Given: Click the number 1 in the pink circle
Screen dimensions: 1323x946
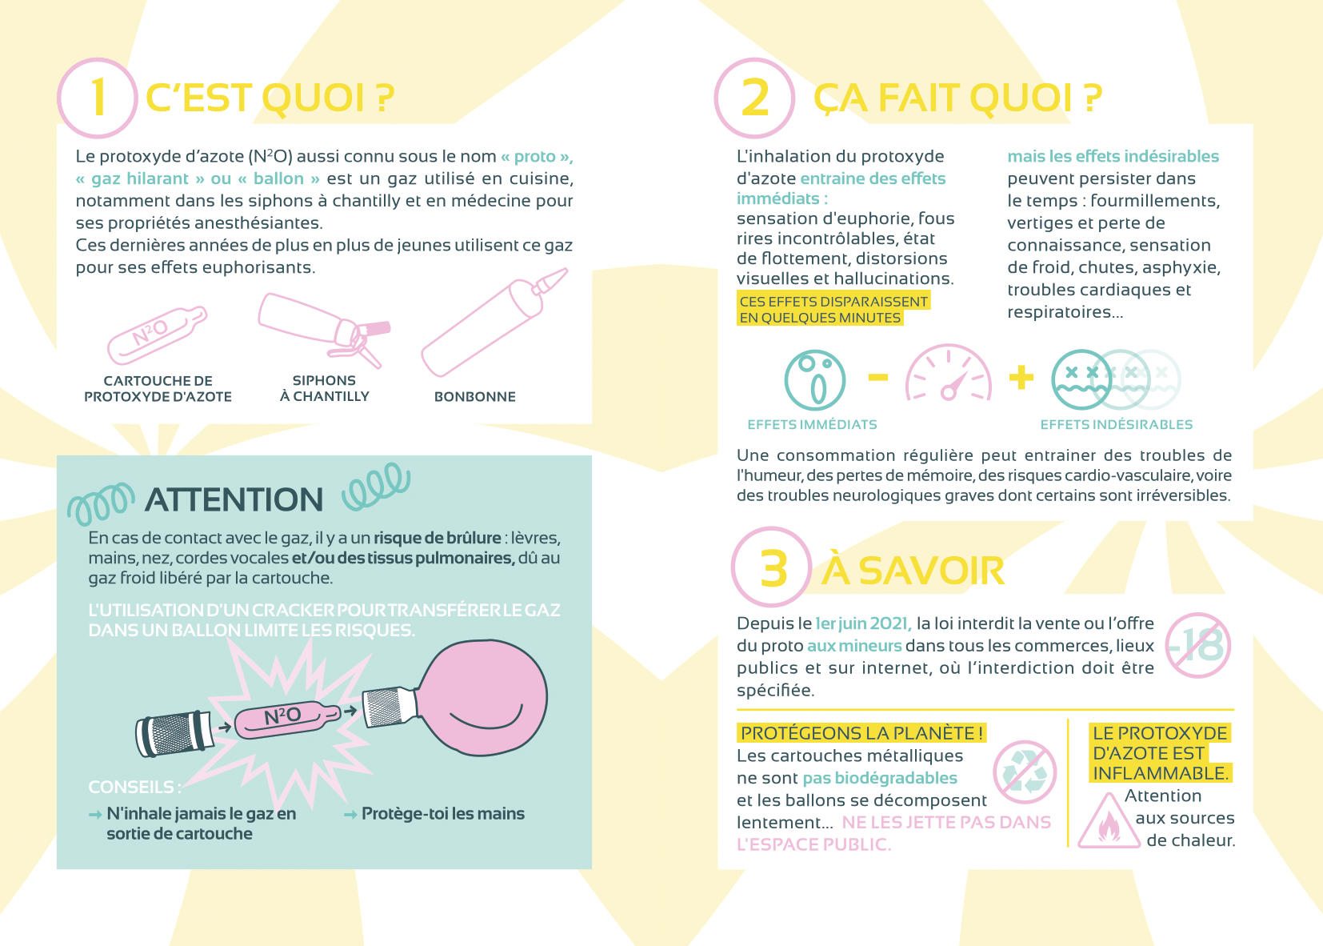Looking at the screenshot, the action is tap(98, 98).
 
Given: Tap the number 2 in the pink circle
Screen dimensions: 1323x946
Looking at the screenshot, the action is tap(755, 98).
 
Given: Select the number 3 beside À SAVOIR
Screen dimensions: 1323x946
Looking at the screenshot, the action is tap(773, 569).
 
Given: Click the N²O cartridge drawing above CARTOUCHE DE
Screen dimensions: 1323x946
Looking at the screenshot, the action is tap(157, 335).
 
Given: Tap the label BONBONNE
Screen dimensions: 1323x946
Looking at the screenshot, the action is tap(475, 396).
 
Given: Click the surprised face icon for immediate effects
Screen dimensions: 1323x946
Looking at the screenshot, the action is tap(814, 380).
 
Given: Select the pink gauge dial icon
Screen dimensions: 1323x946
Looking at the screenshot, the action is tap(949, 373).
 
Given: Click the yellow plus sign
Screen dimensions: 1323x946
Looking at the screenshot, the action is tap(1021, 378).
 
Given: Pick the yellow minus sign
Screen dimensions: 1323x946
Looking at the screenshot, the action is tap(878, 377).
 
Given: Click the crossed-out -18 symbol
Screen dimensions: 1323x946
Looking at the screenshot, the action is tap(1197, 645).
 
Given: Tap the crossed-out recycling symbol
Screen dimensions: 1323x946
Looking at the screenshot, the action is tap(1025, 772).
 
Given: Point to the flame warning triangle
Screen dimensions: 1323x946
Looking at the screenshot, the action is tap(1109, 821).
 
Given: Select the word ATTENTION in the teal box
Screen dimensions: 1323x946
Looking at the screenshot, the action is tap(234, 499).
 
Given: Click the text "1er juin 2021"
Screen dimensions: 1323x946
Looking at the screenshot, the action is tap(863, 623).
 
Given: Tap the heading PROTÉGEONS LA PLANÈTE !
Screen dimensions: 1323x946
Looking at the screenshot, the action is tap(861, 732).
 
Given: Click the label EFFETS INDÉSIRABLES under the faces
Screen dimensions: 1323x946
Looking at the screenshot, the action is tap(1117, 424).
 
